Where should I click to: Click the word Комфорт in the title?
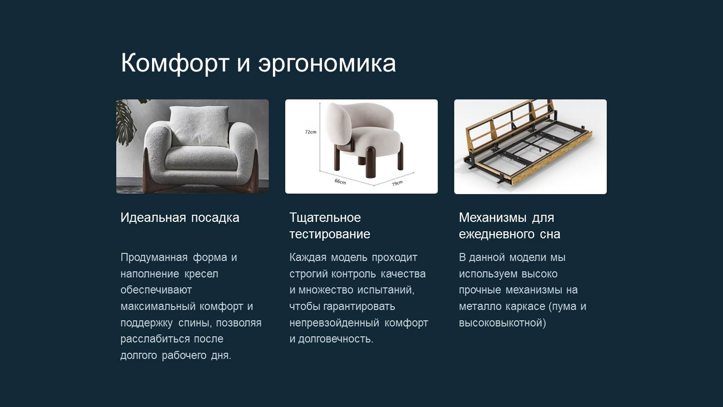click(175, 63)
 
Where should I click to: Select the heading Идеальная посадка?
click(180, 218)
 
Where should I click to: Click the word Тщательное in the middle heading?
click(325, 218)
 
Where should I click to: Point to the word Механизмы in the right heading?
click(493, 218)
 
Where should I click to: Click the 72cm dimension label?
click(311, 132)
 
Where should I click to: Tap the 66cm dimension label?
click(340, 181)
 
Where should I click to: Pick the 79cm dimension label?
click(397, 183)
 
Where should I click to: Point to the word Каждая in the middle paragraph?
click(307, 258)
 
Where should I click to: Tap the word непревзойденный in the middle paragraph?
click(334, 323)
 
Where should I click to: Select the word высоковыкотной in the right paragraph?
click(502, 323)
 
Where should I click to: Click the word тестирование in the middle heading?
click(329, 234)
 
